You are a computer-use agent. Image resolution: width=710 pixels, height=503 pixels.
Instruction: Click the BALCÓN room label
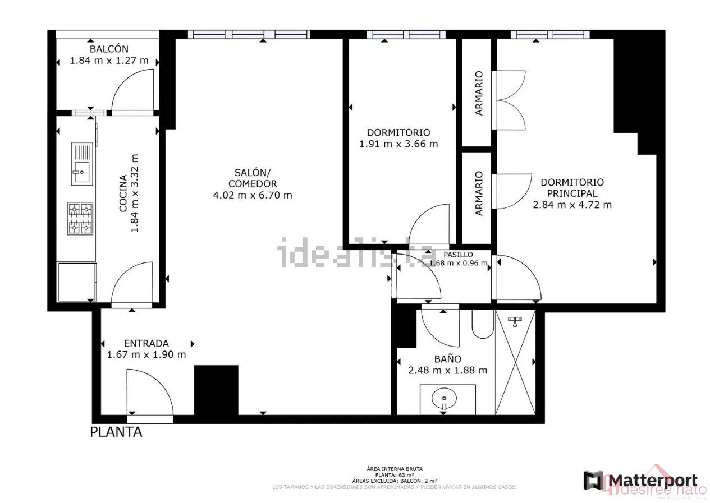point(109,49)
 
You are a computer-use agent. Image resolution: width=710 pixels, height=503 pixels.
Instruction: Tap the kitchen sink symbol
point(81,164)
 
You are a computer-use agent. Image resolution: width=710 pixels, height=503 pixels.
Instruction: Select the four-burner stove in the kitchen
point(80,219)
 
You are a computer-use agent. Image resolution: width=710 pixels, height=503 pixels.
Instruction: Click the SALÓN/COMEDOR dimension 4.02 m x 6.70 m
point(253,195)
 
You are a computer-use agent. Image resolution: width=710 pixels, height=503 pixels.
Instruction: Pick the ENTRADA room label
point(146,343)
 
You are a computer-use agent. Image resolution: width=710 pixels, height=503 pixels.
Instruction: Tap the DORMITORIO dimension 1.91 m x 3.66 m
point(398,144)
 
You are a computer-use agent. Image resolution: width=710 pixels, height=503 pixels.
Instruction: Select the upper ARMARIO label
point(479,93)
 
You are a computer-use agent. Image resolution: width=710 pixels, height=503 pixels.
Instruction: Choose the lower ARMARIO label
point(479,193)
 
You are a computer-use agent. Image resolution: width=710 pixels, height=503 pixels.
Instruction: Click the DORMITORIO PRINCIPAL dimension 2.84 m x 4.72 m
point(572,205)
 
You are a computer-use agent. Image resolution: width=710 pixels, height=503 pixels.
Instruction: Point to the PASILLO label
point(458,255)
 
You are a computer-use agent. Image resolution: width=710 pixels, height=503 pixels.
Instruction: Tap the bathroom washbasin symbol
point(444,399)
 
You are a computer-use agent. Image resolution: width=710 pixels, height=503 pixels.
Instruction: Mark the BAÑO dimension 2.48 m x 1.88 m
point(447,370)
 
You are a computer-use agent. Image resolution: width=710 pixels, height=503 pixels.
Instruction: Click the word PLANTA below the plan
point(116,432)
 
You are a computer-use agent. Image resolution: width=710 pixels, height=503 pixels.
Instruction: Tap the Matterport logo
point(640,481)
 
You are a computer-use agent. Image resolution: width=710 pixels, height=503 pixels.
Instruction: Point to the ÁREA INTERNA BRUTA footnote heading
point(395,469)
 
